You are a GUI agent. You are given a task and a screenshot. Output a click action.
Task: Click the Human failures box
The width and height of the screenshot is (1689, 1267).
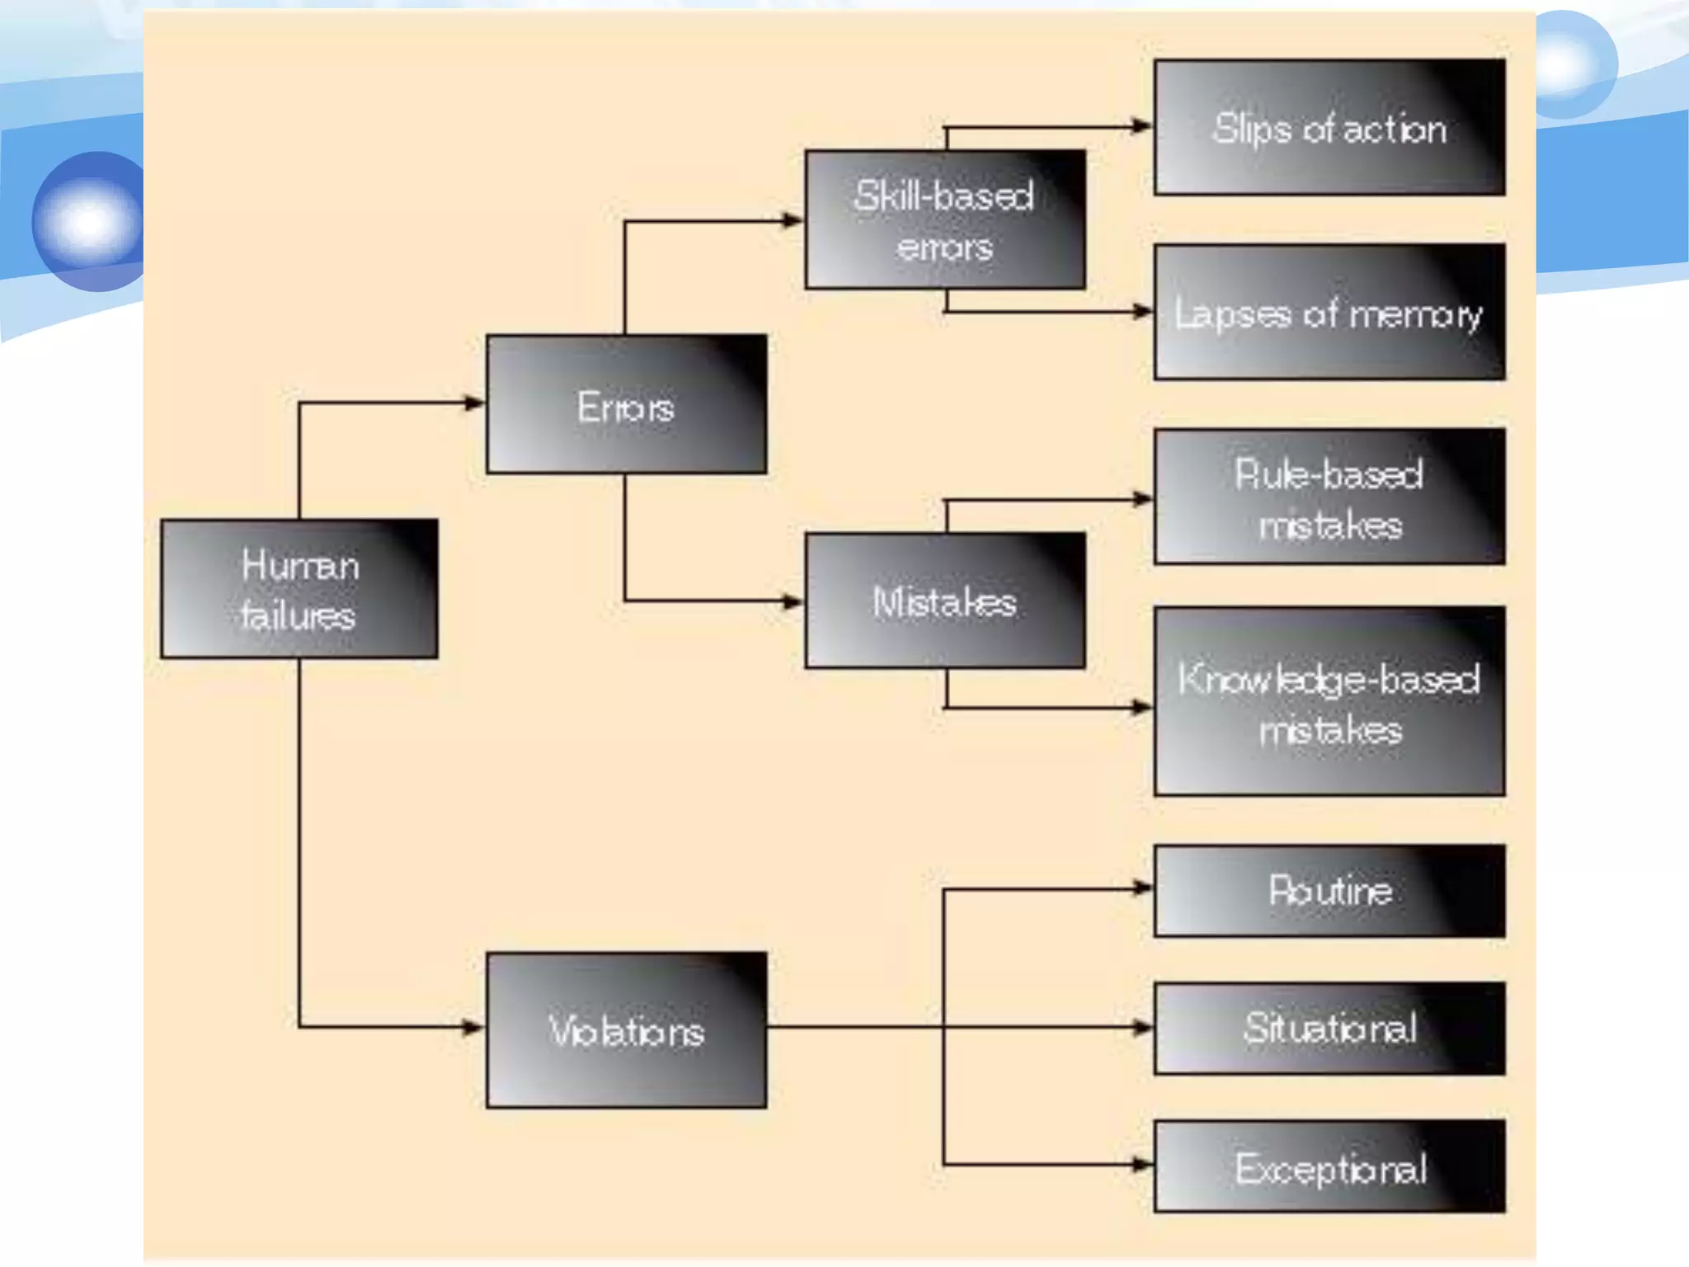(x=299, y=589)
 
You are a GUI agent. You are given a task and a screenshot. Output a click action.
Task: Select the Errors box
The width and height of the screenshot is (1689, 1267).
(x=626, y=404)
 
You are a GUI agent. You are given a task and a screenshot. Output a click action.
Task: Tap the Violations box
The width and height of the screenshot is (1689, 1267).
(x=626, y=1030)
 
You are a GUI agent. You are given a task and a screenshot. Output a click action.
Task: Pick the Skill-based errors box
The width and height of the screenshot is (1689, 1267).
(x=945, y=219)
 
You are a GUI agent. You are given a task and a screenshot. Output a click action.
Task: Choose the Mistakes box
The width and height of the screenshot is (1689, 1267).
(x=945, y=601)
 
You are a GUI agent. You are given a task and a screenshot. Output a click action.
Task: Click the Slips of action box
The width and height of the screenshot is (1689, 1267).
(x=1329, y=128)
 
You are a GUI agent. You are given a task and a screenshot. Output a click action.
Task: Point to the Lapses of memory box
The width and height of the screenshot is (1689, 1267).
(x=1329, y=313)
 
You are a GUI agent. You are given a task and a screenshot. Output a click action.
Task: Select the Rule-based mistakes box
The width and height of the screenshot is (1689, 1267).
(x=1329, y=497)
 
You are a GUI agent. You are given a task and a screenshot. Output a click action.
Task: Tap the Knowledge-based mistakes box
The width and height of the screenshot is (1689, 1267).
(x=1329, y=702)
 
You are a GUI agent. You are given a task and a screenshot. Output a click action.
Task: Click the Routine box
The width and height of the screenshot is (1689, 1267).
(x=1329, y=891)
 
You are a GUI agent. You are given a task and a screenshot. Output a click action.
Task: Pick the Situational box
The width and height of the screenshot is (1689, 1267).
(x=1329, y=1028)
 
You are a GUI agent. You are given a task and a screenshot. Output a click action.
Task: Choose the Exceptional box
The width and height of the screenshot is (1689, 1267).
(x=1329, y=1166)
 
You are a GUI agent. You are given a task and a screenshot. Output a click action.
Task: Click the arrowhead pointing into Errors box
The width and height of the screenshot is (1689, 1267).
(x=475, y=403)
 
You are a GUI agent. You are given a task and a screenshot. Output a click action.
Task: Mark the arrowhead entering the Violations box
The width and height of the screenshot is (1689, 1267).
(x=473, y=1028)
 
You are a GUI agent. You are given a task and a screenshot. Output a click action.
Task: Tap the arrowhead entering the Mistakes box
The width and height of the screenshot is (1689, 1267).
(x=793, y=601)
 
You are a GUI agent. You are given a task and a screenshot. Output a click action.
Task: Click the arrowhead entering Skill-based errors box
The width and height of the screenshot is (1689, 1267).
(x=793, y=220)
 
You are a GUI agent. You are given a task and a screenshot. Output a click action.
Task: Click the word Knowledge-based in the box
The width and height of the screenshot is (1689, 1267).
(x=1329, y=680)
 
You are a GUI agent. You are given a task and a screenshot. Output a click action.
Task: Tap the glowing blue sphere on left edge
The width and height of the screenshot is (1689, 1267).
(x=89, y=221)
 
